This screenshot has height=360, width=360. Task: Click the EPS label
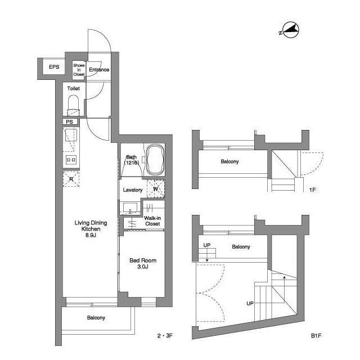(54, 67)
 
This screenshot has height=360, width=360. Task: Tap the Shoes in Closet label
(79, 69)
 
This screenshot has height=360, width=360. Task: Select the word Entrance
(99, 70)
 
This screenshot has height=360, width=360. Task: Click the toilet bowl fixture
(73, 104)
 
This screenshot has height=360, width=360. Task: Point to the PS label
(69, 121)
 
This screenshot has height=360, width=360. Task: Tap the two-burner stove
(71, 160)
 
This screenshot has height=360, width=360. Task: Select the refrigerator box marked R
(71, 179)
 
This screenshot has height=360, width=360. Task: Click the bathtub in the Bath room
(154, 159)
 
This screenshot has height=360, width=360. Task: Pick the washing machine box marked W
(155, 189)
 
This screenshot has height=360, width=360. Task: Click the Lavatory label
(133, 190)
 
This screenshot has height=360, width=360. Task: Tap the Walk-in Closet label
(152, 220)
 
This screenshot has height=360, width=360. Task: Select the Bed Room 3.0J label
(143, 263)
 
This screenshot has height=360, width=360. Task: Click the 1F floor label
(312, 190)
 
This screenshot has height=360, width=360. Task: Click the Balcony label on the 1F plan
(229, 162)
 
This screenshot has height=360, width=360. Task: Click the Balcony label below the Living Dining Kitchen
(96, 318)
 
